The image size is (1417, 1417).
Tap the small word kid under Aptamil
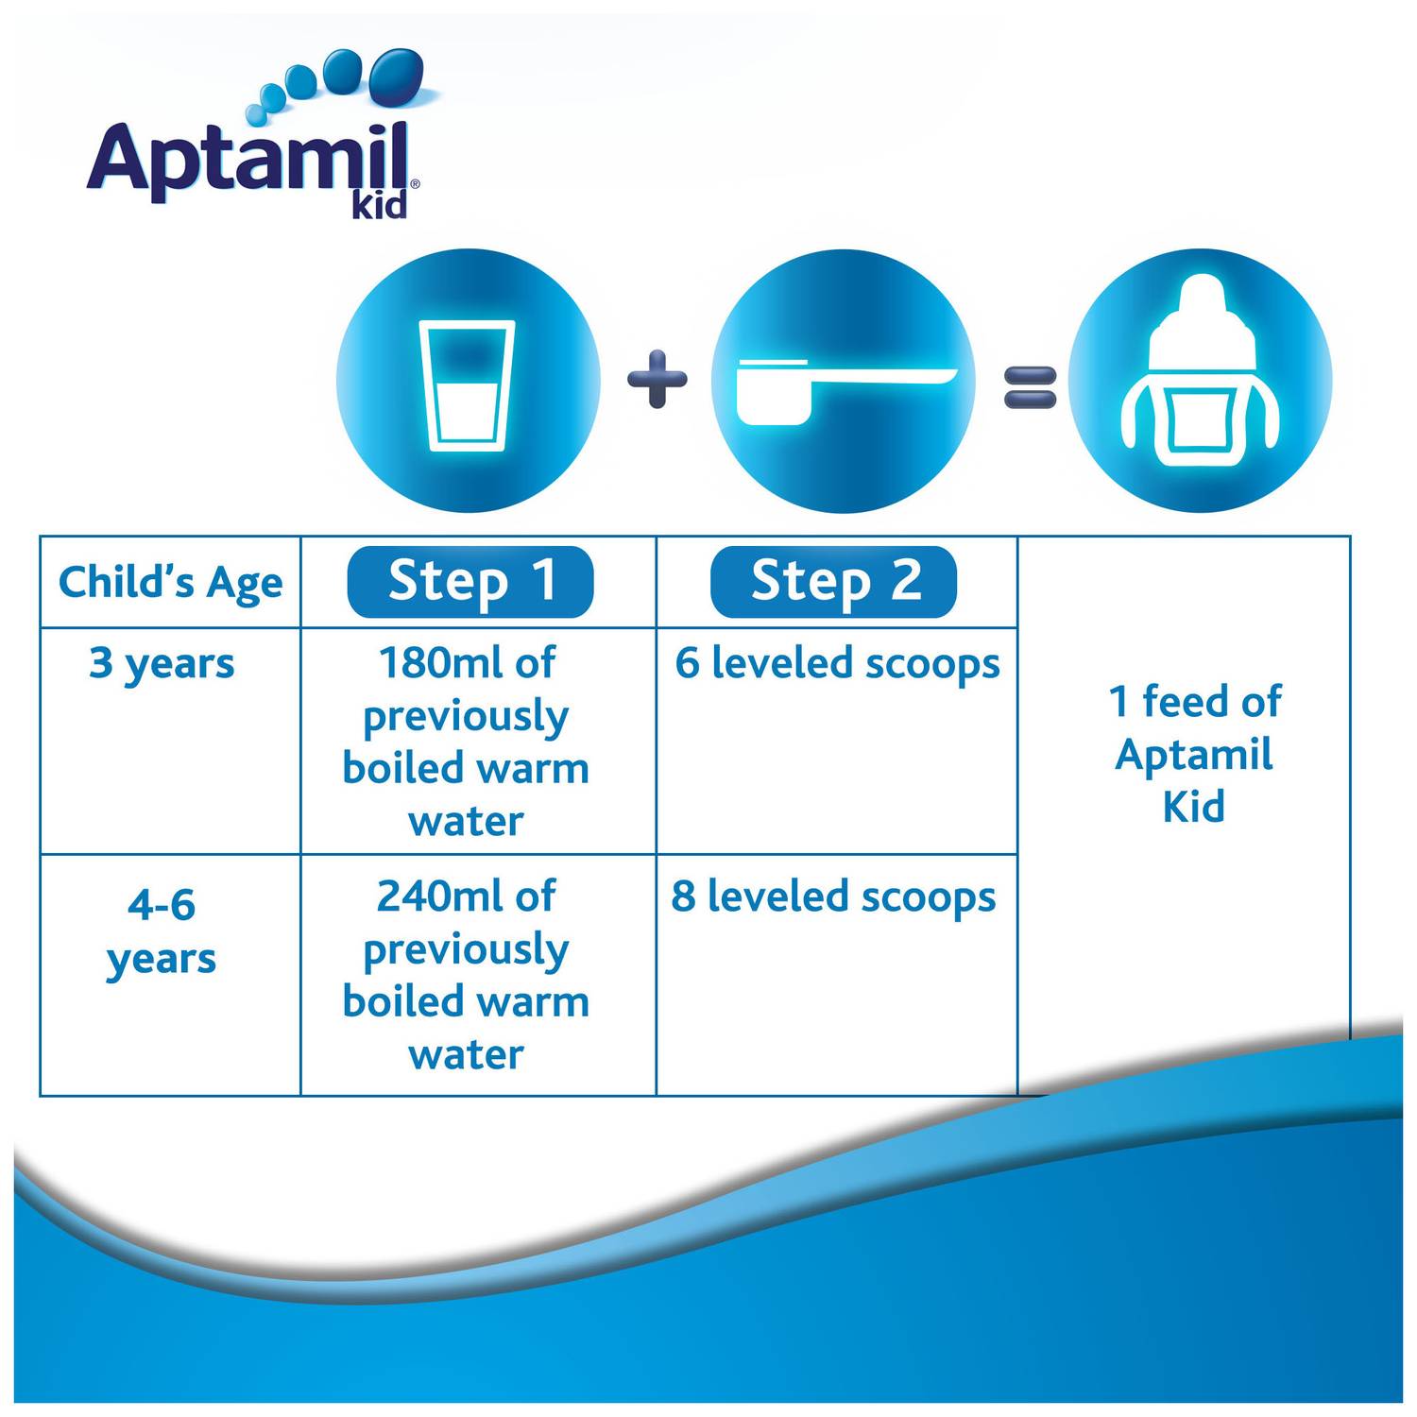coord(380,204)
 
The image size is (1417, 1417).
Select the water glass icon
coord(467,384)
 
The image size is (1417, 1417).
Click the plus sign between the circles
coord(657,379)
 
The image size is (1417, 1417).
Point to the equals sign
coord(1029,386)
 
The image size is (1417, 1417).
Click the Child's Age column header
coord(170,582)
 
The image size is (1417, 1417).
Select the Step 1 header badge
coord(470,581)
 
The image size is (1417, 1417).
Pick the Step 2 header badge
coord(833,581)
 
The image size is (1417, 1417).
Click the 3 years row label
coord(162,664)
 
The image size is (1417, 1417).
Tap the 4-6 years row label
coord(162,930)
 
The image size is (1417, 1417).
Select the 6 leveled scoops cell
coord(837,663)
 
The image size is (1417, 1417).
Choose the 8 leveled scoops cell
coord(833,896)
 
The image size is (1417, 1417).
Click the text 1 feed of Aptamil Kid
coord(1194,754)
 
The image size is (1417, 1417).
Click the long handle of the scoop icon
coord(888,377)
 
